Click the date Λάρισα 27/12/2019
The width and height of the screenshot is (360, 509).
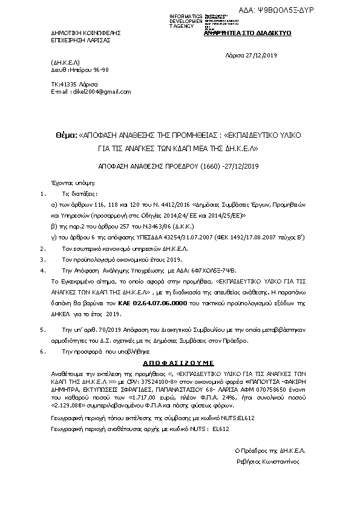tap(250, 56)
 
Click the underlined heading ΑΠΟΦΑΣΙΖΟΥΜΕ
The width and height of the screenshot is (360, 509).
tap(180, 366)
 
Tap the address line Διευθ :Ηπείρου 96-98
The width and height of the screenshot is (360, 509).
tap(76, 70)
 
